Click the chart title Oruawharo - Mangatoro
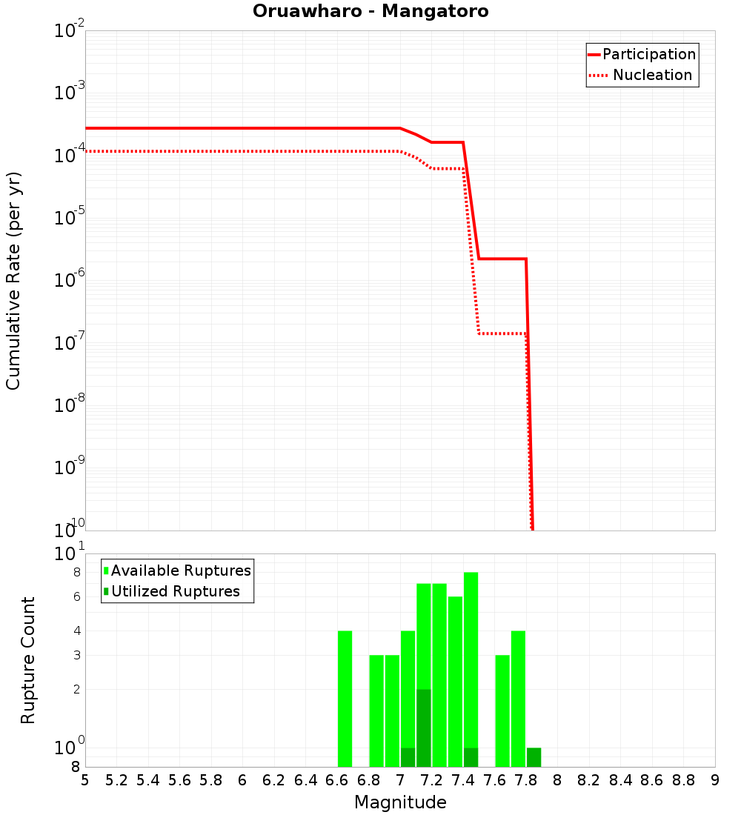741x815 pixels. pyautogui.click(x=370, y=12)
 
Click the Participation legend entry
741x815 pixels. pyautogui.click(x=648, y=55)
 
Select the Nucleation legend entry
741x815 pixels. pyautogui.click(x=652, y=76)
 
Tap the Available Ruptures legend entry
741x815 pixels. pyautogui.click(x=181, y=571)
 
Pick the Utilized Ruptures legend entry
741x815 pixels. pyautogui.click(x=175, y=592)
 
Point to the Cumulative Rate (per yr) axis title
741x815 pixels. pyautogui.click(x=13, y=281)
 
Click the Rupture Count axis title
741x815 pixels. pyautogui.click(x=28, y=660)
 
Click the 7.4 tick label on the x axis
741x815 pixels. pyautogui.click(x=463, y=781)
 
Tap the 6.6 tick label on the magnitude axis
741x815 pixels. pyautogui.click(x=337, y=781)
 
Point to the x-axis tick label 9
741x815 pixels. pyautogui.click(x=714, y=781)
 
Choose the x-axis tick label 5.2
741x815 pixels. pyautogui.click(x=116, y=781)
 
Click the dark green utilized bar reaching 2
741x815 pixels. pyautogui.click(x=424, y=728)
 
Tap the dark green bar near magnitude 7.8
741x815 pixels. pyautogui.click(x=534, y=757)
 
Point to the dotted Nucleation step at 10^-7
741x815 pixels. pyautogui.click(x=502, y=333)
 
